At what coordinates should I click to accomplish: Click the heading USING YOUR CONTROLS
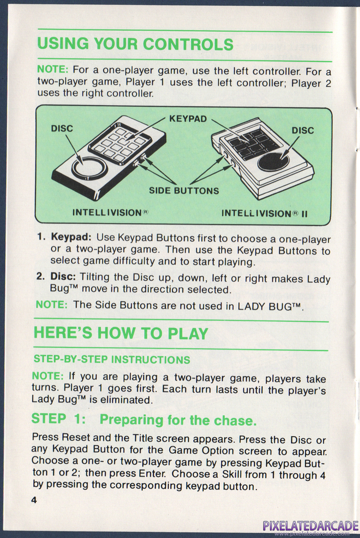(135, 44)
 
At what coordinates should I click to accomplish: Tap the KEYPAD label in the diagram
(188, 119)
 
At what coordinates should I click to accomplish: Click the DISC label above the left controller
(62, 128)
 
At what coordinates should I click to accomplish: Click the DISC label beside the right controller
(303, 131)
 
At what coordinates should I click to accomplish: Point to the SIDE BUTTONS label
(184, 191)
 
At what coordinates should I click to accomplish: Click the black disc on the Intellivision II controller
(273, 161)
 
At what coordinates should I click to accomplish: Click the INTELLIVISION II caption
(264, 213)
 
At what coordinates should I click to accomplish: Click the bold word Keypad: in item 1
(71, 237)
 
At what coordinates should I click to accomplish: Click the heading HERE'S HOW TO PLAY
(121, 333)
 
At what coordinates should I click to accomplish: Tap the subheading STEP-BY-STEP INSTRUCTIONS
(112, 359)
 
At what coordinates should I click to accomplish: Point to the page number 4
(34, 500)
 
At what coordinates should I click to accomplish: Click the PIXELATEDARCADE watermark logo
(311, 526)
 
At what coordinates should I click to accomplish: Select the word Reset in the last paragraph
(76, 437)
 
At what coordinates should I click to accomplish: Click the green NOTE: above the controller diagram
(53, 69)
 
